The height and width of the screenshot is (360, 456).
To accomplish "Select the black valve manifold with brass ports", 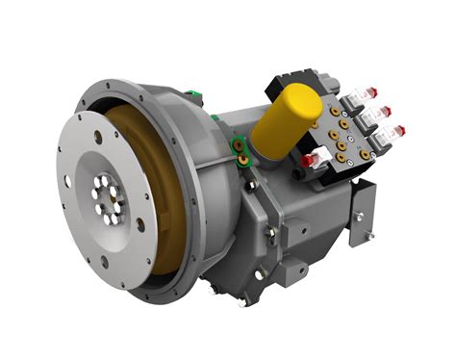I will (332, 120).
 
